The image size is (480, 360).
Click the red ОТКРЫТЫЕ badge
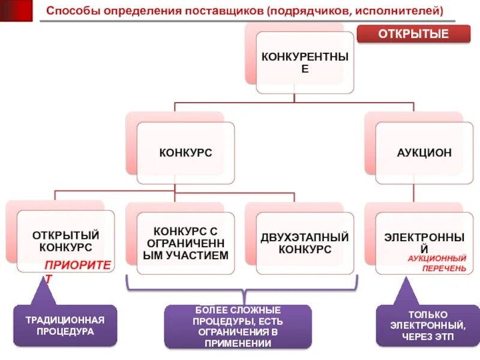(x=413, y=34)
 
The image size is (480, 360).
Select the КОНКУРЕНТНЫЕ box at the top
(x=304, y=62)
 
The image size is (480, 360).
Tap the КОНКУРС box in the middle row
(x=185, y=153)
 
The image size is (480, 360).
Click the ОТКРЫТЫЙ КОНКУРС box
(x=65, y=241)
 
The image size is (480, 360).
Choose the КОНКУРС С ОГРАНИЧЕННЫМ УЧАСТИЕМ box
(x=185, y=243)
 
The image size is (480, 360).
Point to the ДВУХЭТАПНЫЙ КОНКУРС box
(x=305, y=243)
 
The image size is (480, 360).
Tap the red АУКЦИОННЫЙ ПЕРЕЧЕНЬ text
(x=437, y=263)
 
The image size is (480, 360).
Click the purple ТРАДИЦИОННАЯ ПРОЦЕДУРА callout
(x=65, y=325)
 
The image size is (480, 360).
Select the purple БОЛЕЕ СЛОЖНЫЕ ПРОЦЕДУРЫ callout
(x=238, y=326)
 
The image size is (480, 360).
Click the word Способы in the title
(x=69, y=11)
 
